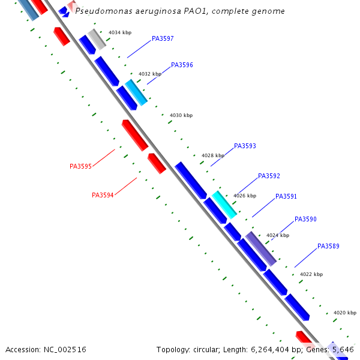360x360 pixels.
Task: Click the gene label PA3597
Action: tap(163, 38)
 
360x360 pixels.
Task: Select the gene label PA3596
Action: tap(182, 65)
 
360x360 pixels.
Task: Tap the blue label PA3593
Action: tap(245, 146)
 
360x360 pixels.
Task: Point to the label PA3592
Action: tap(269, 176)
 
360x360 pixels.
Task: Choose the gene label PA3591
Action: tap(286, 196)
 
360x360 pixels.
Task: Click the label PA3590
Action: tap(305, 219)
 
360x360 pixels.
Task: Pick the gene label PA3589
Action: tap(328, 246)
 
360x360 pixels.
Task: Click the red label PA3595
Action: tap(80, 166)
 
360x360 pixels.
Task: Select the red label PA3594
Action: tap(103, 195)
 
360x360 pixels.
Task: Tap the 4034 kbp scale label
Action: tap(119, 32)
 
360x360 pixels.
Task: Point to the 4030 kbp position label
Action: tap(181, 115)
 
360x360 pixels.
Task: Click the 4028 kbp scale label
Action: tap(213, 155)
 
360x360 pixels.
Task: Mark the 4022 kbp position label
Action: tap(311, 274)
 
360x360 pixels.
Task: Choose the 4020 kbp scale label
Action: tap(345, 313)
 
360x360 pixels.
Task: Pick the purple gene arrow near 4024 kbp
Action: tap(261, 248)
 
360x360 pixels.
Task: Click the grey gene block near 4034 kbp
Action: tap(97, 38)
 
